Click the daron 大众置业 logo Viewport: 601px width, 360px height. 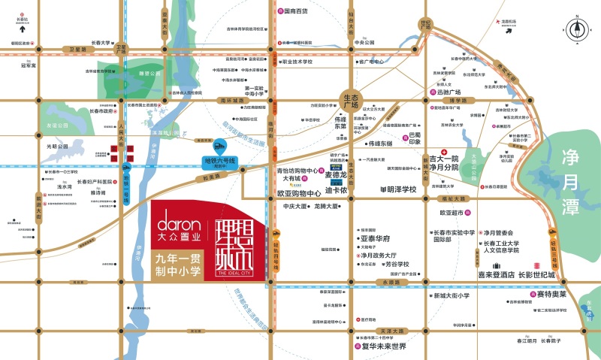[178, 228]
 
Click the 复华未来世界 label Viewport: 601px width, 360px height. [383, 346]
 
